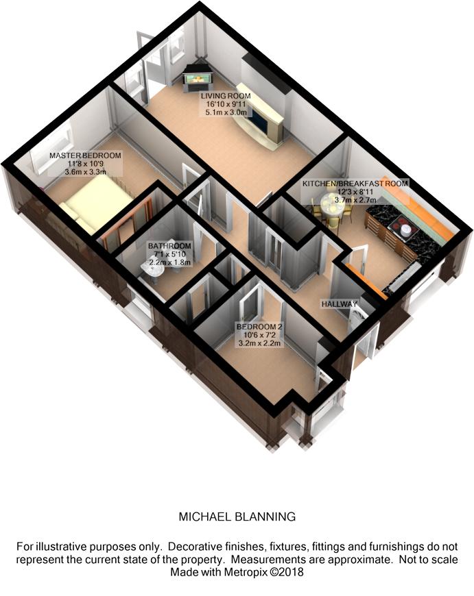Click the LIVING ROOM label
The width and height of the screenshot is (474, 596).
(x=226, y=95)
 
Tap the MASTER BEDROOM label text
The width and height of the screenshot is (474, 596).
(x=85, y=156)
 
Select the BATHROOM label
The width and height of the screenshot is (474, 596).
(x=169, y=245)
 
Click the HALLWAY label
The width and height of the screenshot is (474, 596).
(x=340, y=303)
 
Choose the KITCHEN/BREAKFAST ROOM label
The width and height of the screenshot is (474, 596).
(x=356, y=184)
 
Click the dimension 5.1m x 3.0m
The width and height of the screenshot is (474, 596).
(x=226, y=113)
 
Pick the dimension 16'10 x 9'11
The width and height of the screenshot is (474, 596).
(x=226, y=104)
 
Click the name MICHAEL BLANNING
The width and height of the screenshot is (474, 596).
(x=237, y=517)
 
